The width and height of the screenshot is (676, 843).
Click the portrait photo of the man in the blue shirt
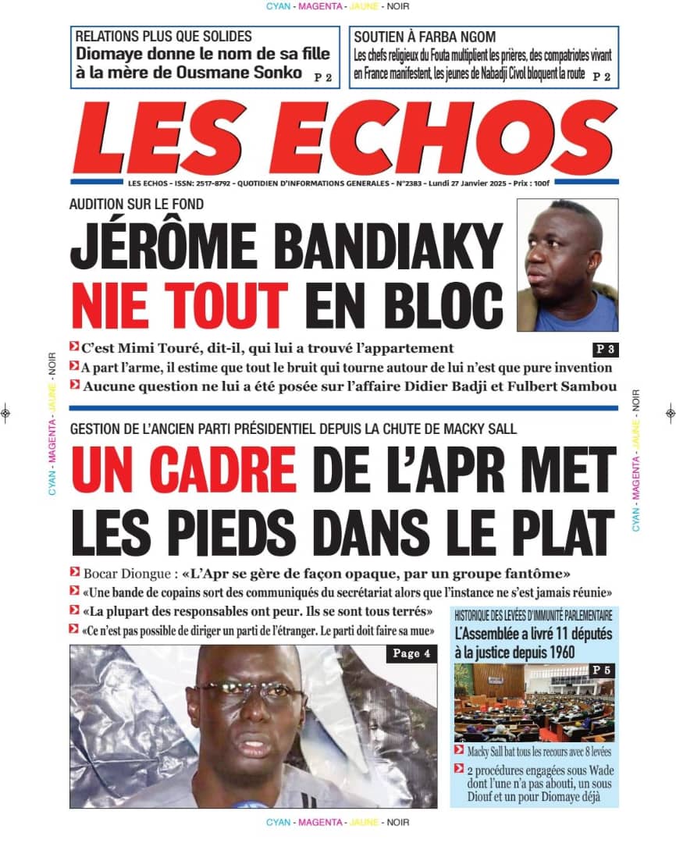[x=567, y=265]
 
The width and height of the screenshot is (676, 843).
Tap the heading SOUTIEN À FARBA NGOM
[x=425, y=37]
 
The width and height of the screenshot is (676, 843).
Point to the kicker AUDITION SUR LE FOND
[x=137, y=205]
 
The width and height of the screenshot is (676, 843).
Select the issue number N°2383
[x=397, y=183]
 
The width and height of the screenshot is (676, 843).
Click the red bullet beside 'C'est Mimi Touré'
[x=73, y=347]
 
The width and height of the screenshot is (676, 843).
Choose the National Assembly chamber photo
[x=534, y=702]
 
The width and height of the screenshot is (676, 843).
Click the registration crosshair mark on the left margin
[x=5, y=414]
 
